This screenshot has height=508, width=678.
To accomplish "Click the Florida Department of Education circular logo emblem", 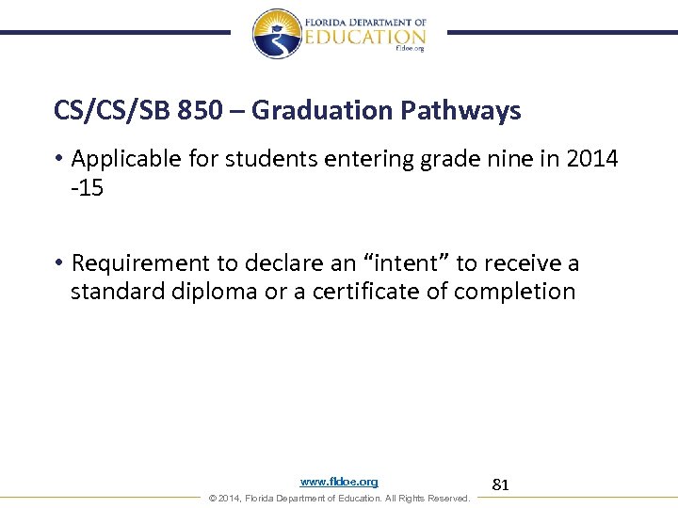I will click(x=277, y=33).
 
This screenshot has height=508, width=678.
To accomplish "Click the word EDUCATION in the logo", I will click(x=366, y=36).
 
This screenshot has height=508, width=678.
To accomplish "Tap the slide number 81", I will click(x=501, y=484).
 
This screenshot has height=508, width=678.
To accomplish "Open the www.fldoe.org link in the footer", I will click(x=339, y=482).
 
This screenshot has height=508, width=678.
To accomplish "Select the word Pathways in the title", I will click(x=460, y=111).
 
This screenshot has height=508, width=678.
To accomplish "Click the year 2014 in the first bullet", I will click(x=592, y=158).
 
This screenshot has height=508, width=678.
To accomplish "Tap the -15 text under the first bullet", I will click(x=87, y=187).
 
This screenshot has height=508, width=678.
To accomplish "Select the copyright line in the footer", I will click(x=339, y=498).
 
